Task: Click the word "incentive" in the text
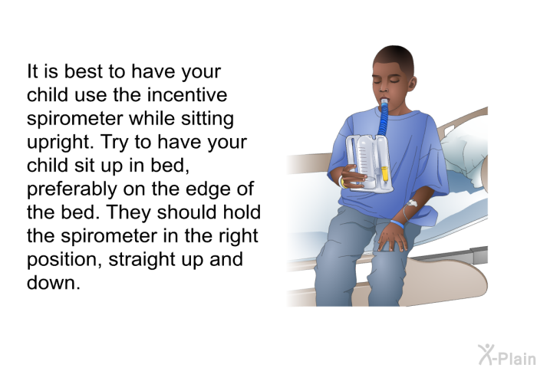coord(187,95)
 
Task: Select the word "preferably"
coord(71,189)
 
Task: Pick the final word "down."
coord(54,282)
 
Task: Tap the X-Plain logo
coord(507,355)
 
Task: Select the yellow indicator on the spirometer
coord(384,174)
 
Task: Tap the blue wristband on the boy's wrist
coord(397,225)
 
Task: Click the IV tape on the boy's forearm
coord(412,203)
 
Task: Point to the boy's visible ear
coord(412,84)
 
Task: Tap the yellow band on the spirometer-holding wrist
coord(342,182)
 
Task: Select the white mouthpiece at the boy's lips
coord(384,102)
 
